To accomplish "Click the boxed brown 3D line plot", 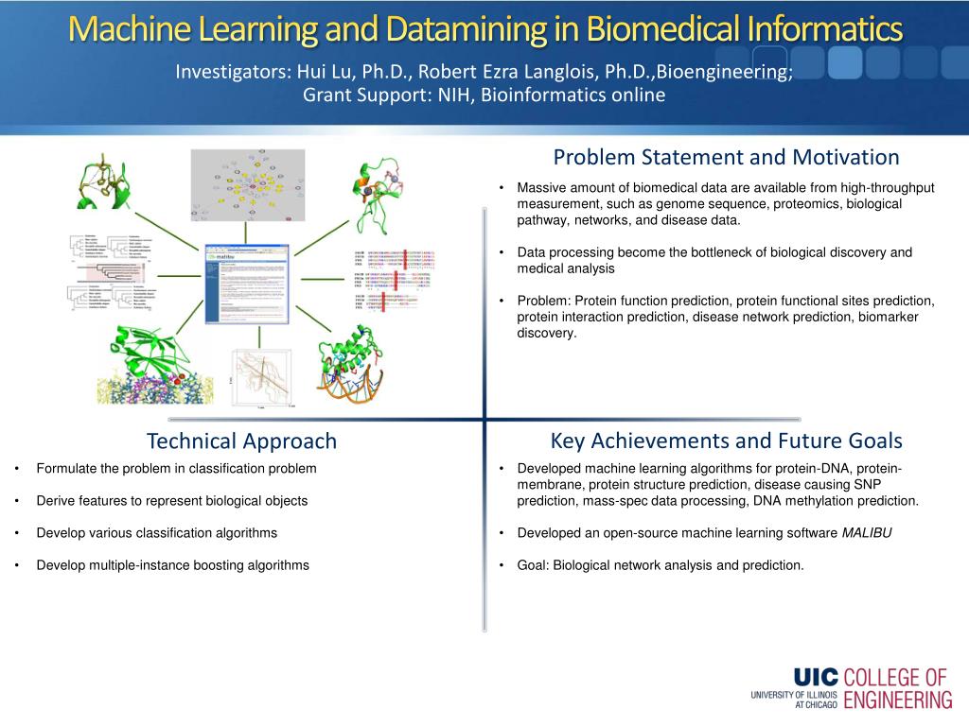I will click(263, 377).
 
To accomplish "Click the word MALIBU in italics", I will click(867, 533).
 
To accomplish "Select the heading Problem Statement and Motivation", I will click(726, 157).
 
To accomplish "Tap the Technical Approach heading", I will click(241, 441).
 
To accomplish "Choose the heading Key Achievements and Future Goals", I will click(726, 441).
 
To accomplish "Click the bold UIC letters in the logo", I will click(815, 678).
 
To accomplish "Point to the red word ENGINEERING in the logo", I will click(897, 700).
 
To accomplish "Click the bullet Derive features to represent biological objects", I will click(171, 501).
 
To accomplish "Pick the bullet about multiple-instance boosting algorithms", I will click(172, 565).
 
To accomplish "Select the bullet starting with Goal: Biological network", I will click(660, 565).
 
